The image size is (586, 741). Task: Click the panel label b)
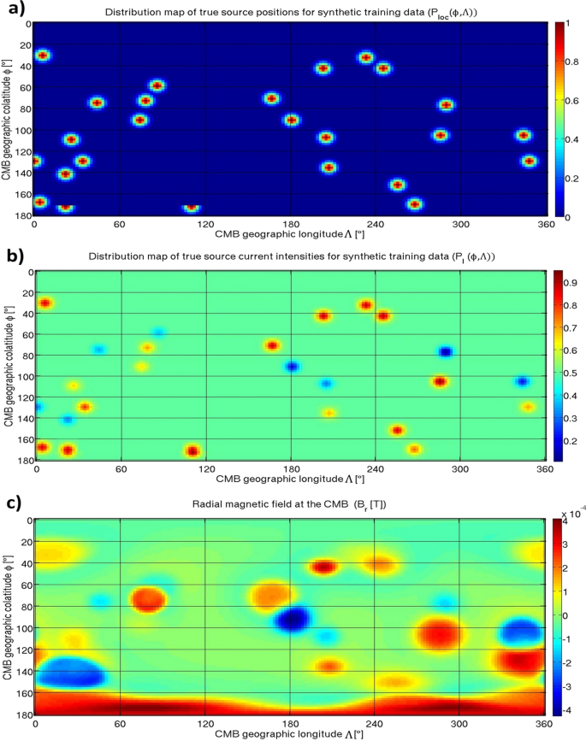(13, 256)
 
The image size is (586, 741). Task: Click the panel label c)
(13, 503)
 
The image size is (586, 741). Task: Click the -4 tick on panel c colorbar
(569, 709)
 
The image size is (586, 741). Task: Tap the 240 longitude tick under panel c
(375, 722)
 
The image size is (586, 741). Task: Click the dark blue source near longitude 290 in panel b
(445, 352)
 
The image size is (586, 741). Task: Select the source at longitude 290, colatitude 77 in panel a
(446, 105)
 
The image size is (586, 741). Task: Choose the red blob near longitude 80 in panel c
(147, 598)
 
